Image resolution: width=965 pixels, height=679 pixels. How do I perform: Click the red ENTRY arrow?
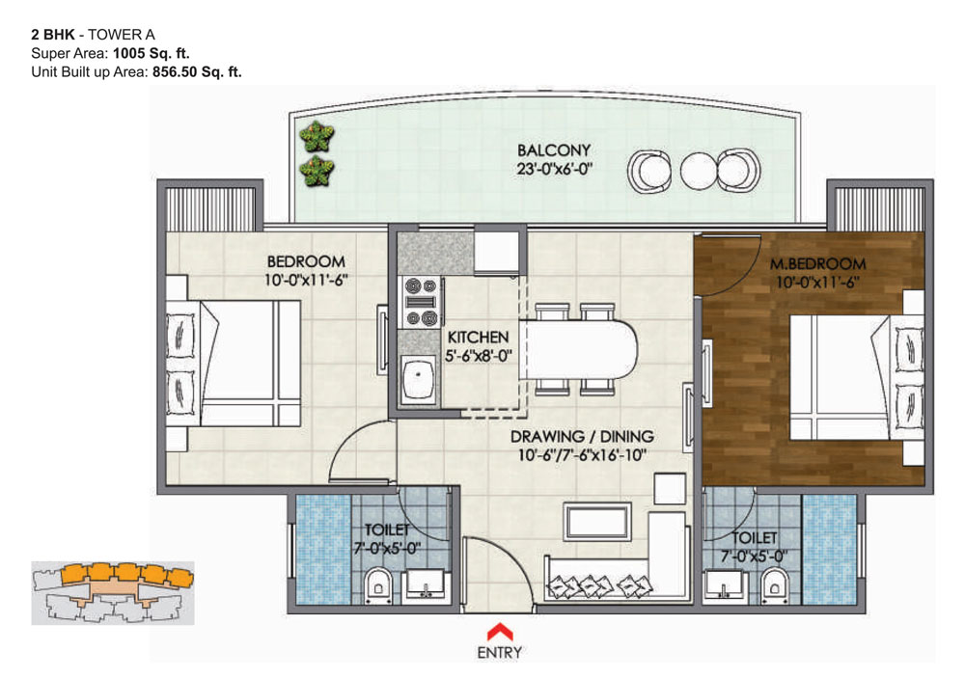click(x=500, y=633)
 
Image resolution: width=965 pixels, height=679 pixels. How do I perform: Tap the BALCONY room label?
click(x=554, y=150)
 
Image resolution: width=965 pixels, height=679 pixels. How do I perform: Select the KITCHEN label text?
click(x=479, y=337)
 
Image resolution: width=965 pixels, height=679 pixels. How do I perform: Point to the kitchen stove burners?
click(x=421, y=302)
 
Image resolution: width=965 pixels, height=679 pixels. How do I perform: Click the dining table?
click(x=578, y=350)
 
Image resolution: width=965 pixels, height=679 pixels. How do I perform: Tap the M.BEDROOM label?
click(x=818, y=264)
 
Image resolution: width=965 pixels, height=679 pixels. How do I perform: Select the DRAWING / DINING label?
click(x=582, y=437)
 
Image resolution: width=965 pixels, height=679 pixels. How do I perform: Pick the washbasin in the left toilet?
click(x=425, y=584)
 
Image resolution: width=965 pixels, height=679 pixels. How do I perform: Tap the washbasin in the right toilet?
click(x=725, y=584)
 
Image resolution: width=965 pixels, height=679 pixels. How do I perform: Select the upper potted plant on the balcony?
click(x=317, y=136)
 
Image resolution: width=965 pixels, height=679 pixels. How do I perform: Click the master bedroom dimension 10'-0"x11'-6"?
click(x=818, y=283)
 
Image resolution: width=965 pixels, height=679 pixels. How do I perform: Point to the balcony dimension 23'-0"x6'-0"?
click(x=554, y=169)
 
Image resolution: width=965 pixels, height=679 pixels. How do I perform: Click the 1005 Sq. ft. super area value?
click(x=151, y=53)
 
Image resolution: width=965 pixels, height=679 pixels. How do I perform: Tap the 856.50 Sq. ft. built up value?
click(x=197, y=72)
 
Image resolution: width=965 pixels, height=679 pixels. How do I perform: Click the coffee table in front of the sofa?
click(x=597, y=522)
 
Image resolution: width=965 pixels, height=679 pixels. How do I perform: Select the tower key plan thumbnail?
click(x=113, y=593)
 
